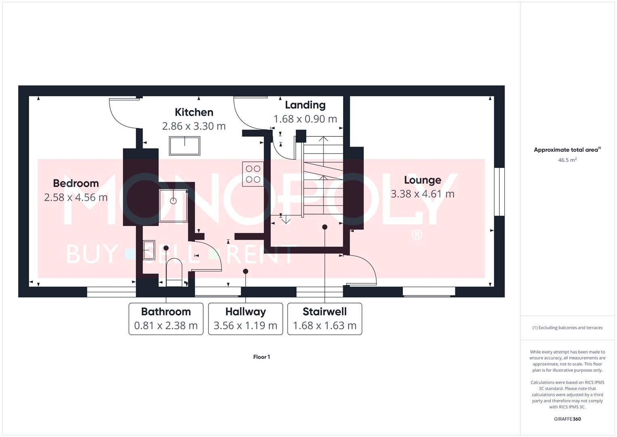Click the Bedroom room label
pyautogui.click(x=76, y=183)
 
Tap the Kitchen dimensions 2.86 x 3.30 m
pyautogui.click(x=194, y=126)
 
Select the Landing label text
pyautogui.click(x=305, y=105)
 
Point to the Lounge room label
pyautogui.click(x=422, y=180)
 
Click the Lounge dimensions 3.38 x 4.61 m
pyautogui.click(x=422, y=194)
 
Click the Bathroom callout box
pyautogui.click(x=166, y=319)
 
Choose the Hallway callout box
pyautogui.click(x=245, y=319)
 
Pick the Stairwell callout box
pyautogui.click(x=324, y=319)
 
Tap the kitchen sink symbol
pyautogui.click(x=185, y=146)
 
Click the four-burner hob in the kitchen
pyautogui.click(x=253, y=174)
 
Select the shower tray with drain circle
pyautogui.click(x=173, y=206)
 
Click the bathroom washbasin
pyautogui.click(x=149, y=250)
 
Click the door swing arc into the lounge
pyautogui.click(x=364, y=269)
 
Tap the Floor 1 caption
pyautogui.click(x=261, y=357)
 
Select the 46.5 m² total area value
pyautogui.click(x=567, y=160)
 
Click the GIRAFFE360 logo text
pyautogui.click(x=567, y=419)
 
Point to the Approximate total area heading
pyautogui.click(x=567, y=150)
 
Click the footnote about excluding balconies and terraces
pyautogui.click(x=567, y=328)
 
